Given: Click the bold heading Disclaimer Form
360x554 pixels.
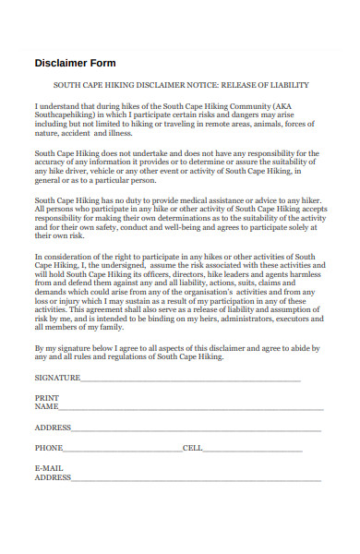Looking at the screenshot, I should point(75,63).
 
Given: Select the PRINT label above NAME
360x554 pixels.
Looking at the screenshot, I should point(46,398).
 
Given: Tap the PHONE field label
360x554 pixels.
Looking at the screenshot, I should point(49,448).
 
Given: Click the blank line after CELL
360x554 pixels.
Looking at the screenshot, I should point(262,450).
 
